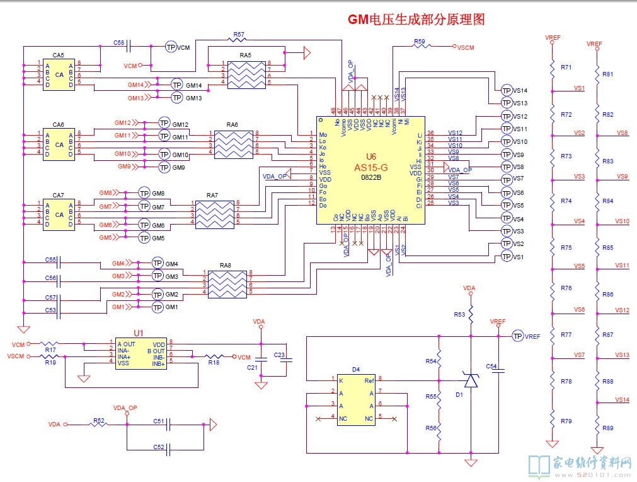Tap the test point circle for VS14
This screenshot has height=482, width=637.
507,91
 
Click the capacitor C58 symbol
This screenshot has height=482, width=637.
129,46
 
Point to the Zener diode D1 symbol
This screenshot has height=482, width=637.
470,380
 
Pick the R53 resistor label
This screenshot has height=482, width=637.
459,314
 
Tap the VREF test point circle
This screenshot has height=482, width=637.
517,336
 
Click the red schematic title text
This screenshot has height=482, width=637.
416,20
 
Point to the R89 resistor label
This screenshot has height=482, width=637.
607,428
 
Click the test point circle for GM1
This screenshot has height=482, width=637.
158,307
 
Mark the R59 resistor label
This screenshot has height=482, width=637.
420,41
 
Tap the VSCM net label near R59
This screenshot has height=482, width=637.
466,47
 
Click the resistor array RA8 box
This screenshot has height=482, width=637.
227,285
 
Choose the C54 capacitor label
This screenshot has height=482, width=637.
491,367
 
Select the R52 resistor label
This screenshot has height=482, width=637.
99,419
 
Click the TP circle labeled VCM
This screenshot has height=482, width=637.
171,47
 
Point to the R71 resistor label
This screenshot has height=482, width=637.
566,68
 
